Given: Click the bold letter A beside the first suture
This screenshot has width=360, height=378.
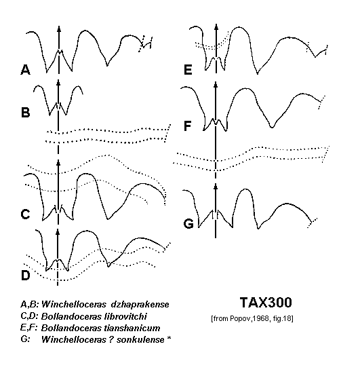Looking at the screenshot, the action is (26, 70).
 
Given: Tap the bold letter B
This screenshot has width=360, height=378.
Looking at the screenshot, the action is (26, 113).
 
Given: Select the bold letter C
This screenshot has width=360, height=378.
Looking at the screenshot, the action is (26, 214).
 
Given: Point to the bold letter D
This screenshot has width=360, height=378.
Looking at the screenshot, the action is (26, 276).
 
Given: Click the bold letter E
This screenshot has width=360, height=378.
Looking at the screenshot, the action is (188, 70).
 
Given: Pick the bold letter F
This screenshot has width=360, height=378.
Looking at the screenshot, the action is (188, 126).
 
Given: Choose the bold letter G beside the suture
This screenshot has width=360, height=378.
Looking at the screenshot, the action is (188, 223).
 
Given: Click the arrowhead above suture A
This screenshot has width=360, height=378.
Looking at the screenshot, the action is (59, 29).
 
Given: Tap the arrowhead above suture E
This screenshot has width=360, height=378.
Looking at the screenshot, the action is (216, 26).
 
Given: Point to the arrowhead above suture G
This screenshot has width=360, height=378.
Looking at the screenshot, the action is (216, 186).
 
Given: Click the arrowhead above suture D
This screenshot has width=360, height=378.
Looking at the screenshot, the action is (58, 231).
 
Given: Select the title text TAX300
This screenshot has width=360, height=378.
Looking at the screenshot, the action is (266, 302).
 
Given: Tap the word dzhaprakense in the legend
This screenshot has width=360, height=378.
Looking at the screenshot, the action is (140, 304).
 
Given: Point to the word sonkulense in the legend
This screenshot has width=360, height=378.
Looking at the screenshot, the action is (140, 339).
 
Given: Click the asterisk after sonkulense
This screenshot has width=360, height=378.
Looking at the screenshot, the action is (169, 338).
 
